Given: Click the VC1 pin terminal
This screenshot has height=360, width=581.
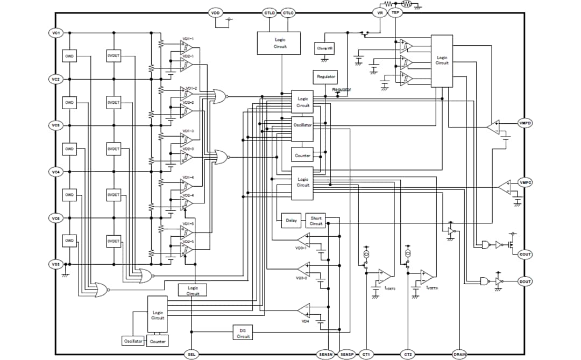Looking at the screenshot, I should (x=55, y=33).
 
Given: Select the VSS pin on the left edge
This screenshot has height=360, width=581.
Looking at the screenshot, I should (x=55, y=264).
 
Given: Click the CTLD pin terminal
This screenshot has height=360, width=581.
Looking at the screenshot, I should (x=270, y=12).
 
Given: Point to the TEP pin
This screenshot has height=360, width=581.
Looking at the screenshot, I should (x=395, y=12).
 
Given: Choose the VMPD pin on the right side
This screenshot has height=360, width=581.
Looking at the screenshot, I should (x=525, y=123).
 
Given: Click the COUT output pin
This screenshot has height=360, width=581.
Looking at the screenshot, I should (x=525, y=255).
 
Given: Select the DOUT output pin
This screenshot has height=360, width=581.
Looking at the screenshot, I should (x=525, y=281).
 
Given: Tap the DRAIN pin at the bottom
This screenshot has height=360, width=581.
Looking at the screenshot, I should (x=460, y=354).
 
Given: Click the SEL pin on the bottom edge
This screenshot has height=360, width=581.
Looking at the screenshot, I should (x=192, y=354).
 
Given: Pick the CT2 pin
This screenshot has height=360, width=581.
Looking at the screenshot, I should (x=408, y=354).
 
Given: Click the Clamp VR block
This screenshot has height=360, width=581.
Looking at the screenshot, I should (x=325, y=48).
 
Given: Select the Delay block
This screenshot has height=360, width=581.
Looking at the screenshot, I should (x=291, y=221).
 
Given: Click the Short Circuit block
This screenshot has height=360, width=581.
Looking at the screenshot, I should (x=316, y=221).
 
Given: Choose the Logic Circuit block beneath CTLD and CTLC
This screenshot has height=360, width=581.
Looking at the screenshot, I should (x=279, y=43).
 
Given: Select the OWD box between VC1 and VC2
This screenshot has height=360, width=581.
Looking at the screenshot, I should (x=69, y=56).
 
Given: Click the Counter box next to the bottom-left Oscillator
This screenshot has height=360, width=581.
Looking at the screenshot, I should (x=158, y=342).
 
